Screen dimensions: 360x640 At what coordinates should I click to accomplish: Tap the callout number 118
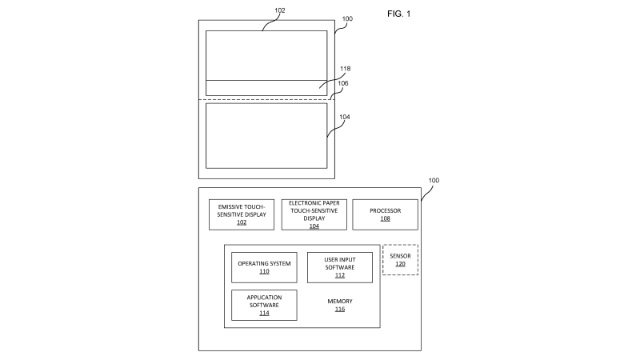344,69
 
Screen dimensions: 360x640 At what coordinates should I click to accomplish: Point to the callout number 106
342,83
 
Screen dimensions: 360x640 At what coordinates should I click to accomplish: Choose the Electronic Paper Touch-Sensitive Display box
314,214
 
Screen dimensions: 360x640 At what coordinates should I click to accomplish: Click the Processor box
385,214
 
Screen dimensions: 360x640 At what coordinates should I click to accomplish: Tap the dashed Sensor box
400,260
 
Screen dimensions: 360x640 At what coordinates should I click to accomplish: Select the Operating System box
264,267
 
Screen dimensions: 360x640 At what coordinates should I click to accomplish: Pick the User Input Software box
340,267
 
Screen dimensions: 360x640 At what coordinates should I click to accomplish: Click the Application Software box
264,305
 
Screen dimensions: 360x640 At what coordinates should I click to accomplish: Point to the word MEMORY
340,302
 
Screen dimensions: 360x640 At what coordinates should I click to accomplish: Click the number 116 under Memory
340,310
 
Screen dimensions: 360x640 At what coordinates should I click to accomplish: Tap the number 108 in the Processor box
385,218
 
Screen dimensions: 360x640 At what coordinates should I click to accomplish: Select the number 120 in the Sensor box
400,264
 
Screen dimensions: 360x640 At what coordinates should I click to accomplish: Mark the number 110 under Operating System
264,272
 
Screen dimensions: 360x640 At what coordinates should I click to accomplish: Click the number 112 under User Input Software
340,276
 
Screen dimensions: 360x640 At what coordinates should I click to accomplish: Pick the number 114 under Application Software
264,314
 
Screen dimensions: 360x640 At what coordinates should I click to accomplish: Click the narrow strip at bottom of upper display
266,88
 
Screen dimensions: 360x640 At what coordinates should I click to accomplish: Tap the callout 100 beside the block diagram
434,182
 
